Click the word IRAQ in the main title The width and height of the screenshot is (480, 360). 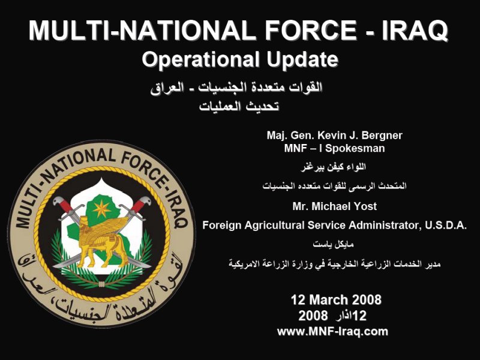point(415,31)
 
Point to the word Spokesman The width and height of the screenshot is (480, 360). point(355,148)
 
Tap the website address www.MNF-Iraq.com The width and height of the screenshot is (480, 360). point(332,332)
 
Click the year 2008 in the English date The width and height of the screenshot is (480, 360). point(365,299)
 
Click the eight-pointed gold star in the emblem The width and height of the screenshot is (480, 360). point(101,209)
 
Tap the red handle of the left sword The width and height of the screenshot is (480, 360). point(64,204)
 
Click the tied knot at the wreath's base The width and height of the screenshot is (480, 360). point(102,284)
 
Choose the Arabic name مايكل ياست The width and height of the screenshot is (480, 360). point(334,245)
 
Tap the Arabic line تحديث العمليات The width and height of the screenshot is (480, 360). point(239,107)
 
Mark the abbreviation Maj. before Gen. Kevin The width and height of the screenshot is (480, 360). point(276,136)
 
